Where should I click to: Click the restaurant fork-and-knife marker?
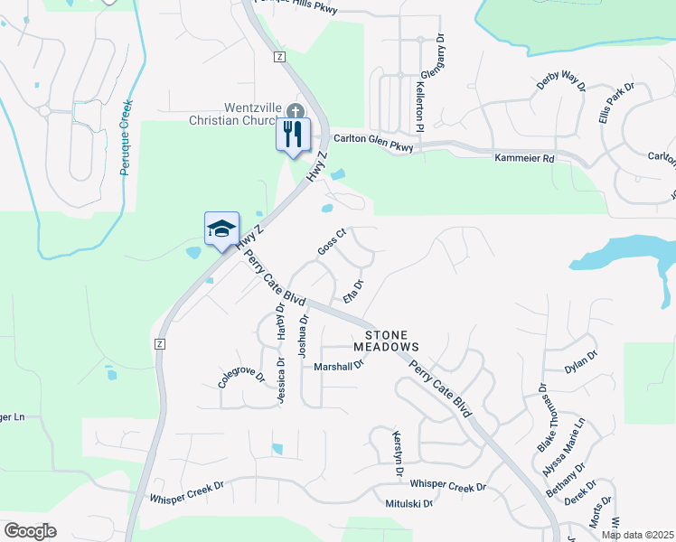click(293, 135)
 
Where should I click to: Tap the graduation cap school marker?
click(221, 229)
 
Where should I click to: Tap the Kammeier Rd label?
click(525, 158)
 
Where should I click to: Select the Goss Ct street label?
click(332, 241)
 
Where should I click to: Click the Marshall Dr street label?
click(338, 366)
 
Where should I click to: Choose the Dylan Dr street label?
click(580, 361)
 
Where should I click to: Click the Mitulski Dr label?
click(409, 503)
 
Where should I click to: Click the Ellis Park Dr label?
click(617, 102)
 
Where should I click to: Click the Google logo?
click(30, 531)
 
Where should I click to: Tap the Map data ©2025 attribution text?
click(637, 535)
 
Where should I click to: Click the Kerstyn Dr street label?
click(397, 447)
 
